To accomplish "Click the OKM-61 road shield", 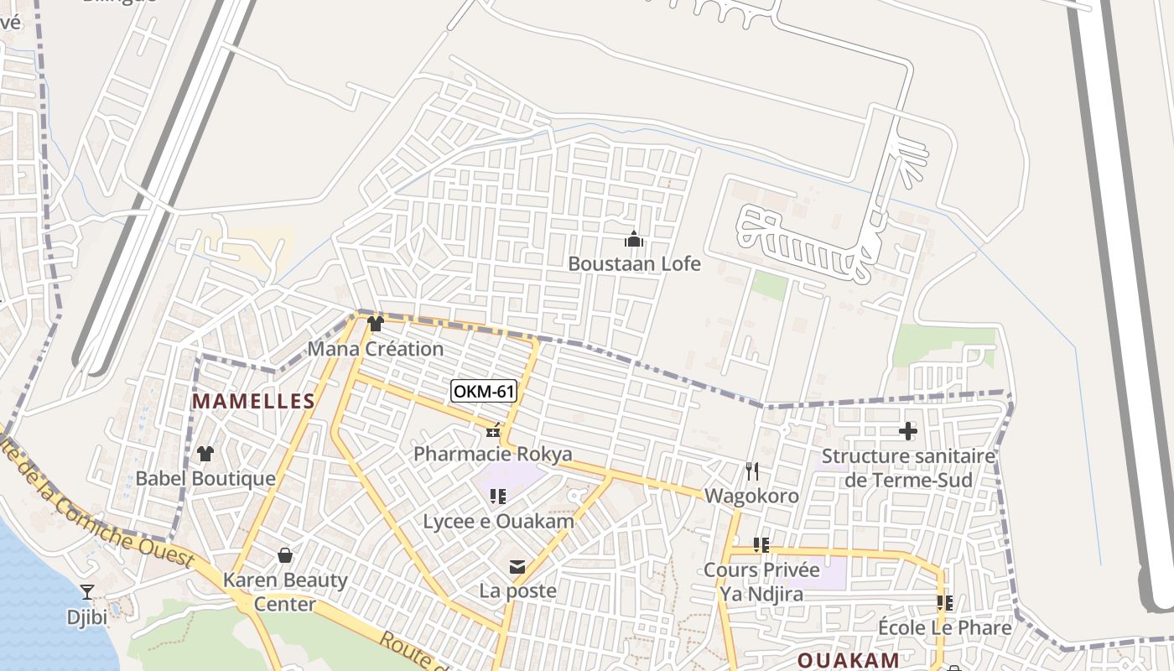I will [483, 392].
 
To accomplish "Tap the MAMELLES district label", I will [253, 402].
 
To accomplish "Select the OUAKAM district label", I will [848, 660].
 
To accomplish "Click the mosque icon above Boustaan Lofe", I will [634, 239].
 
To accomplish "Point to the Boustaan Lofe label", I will [634, 263].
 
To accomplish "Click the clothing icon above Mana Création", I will [375, 324].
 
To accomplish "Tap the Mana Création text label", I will [375, 349].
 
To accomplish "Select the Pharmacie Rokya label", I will [493, 455].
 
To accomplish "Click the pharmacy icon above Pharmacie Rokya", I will [493, 431].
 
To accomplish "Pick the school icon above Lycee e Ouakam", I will [498, 497].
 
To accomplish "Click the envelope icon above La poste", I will [517, 568].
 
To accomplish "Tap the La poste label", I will [517, 591].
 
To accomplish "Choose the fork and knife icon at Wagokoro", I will [751, 471].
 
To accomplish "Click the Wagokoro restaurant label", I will [751, 497].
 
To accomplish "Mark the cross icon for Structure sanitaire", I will [907, 432].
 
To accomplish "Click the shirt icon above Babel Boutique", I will [205, 454].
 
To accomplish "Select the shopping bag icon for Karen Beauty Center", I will [285, 555].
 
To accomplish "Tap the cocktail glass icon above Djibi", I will [87, 592].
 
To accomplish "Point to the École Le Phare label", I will [944, 628].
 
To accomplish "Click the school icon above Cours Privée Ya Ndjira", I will [761, 545].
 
